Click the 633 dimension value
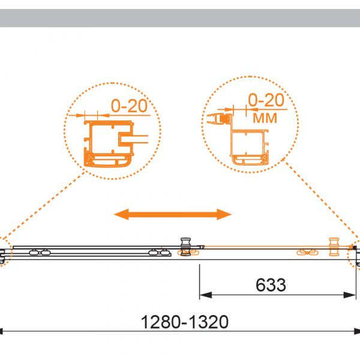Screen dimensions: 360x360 click(x=271, y=285)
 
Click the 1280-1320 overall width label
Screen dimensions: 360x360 click(x=185, y=322)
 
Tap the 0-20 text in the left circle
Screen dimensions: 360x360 click(x=129, y=106)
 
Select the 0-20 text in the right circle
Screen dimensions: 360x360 click(x=266, y=100)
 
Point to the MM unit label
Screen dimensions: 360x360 click(x=265, y=118)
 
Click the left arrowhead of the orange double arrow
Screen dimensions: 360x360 click(x=121, y=214)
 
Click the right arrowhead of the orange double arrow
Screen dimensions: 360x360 click(x=224, y=214)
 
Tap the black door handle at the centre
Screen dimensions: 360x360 click(x=185, y=247)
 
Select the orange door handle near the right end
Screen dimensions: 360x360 click(x=334, y=247)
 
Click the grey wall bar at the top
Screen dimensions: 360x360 click(x=180, y=18)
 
